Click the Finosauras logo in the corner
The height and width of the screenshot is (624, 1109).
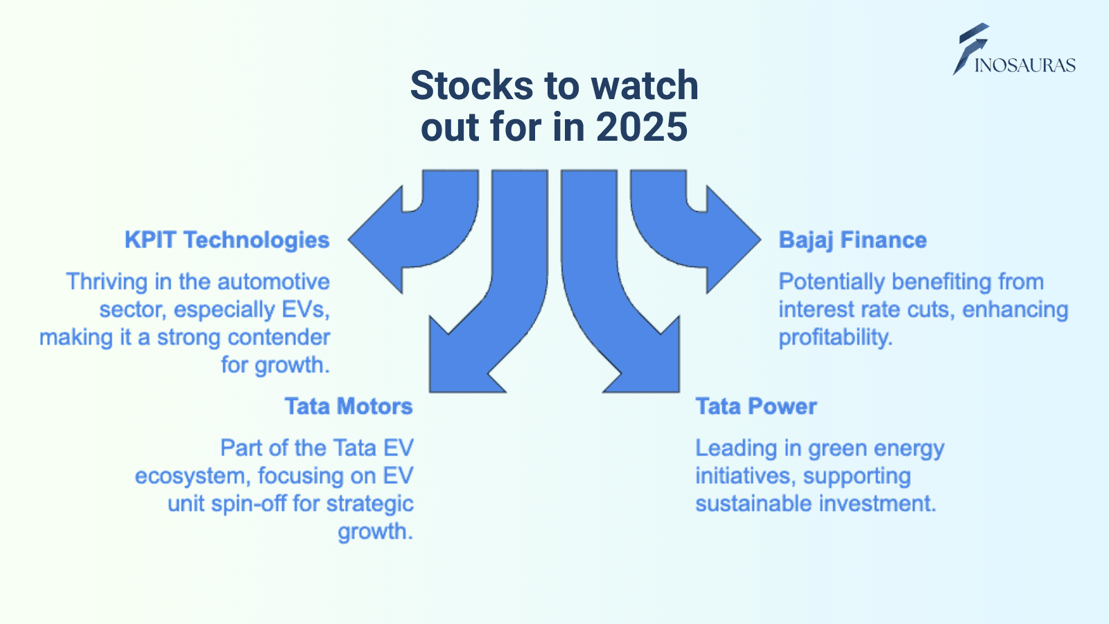click(x=1014, y=49)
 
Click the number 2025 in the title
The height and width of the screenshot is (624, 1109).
click(x=642, y=128)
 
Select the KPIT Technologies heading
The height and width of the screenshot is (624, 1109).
click(x=227, y=240)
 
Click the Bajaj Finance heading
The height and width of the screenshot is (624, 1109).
click(x=853, y=240)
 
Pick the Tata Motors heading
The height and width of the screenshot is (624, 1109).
click(x=349, y=406)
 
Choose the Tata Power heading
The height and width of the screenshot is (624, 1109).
click(x=756, y=406)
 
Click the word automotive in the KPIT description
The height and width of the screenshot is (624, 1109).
click(x=273, y=281)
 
